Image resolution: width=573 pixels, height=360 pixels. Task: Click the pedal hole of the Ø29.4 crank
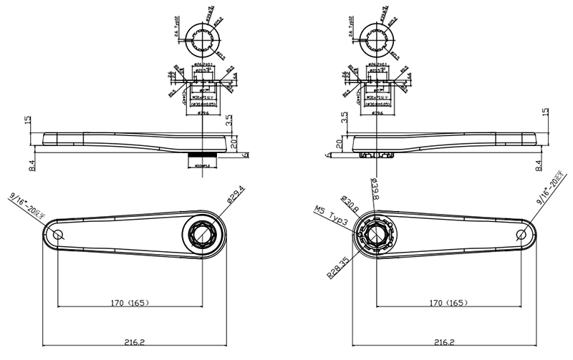[x=58, y=235]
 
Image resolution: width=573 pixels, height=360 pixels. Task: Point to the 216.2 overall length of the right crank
[x=445, y=343]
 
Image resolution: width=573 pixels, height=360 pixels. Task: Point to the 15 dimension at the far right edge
[x=546, y=113]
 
